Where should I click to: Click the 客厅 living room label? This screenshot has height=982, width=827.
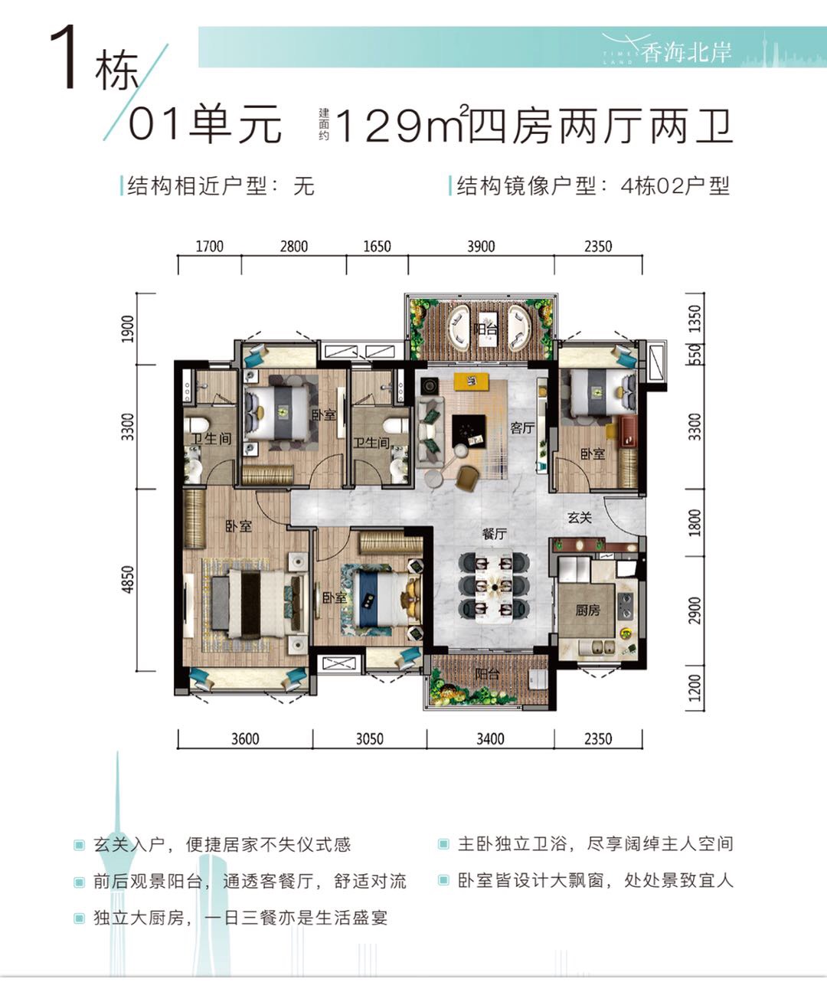point(522,428)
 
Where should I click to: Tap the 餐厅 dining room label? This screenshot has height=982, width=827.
point(494,534)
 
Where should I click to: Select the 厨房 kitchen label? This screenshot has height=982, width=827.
point(587,610)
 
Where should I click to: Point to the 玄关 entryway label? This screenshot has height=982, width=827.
point(579,518)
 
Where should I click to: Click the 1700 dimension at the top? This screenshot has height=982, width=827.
point(209,247)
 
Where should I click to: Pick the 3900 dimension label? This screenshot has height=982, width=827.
point(481,247)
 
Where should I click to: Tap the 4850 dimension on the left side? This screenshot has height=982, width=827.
point(127,579)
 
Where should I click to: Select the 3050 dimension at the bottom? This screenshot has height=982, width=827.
point(370,739)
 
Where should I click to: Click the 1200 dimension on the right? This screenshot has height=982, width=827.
point(695,688)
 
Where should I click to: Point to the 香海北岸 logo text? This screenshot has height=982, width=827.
point(686,52)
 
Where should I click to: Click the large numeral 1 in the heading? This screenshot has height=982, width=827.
point(64,58)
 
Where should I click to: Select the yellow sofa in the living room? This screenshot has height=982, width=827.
point(472,381)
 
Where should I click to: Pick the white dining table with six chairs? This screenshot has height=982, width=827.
point(494,587)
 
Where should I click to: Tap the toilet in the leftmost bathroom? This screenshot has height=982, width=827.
point(198,424)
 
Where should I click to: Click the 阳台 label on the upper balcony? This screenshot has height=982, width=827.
point(485,329)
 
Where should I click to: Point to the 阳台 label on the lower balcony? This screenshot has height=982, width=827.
point(487,673)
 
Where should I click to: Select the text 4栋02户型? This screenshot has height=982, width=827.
point(675,186)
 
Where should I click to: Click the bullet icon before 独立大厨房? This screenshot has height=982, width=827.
point(79,918)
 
